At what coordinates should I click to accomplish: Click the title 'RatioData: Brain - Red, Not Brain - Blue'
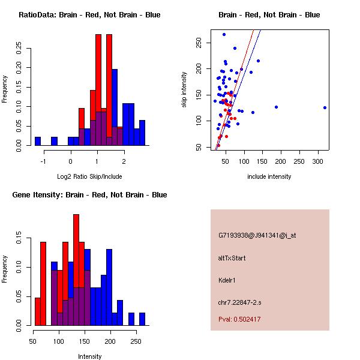pyautogui.click(x=89, y=15)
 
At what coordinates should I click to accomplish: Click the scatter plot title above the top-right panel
pyautogui.click(x=269, y=15)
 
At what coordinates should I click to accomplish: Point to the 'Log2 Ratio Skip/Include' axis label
pyautogui.click(x=89, y=176)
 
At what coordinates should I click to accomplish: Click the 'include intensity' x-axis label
pyautogui.click(x=269, y=176)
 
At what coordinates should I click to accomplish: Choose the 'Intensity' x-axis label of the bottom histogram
pyautogui.click(x=89, y=356)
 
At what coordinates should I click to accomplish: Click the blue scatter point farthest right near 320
pyautogui.click(x=325, y=107)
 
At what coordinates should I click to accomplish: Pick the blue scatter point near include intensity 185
pyautogui.click(x=276, y=107)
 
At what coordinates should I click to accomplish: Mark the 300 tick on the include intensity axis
pyautogui.click(x=317, y=161)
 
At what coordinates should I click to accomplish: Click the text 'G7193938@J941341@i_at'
pyautogui.click(x=257, y=235)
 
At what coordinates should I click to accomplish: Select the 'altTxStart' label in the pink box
pyautogui.click(x=232, y=258)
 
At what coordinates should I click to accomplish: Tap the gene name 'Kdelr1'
pyautogui.click(x=229, y=280)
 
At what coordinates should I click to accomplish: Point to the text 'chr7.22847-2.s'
pyautogui.click(x=240, y=302)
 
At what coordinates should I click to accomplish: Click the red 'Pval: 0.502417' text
pyautogui.click(x=239, y=319)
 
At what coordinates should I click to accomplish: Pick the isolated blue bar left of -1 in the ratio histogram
pyautogui.click(x=38, y=142)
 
